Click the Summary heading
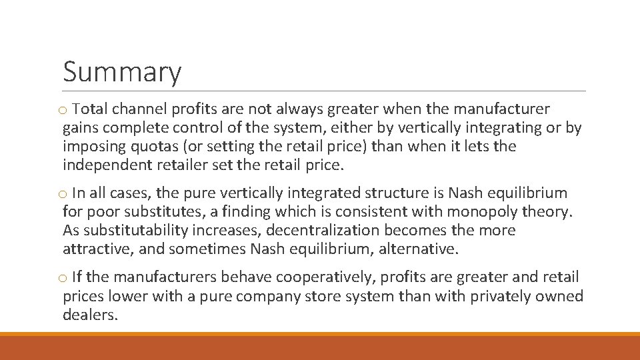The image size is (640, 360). coord(121,72)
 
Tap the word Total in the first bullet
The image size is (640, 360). coord(90,109)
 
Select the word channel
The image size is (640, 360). coord(139,109)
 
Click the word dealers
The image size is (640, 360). coord(90,315)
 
